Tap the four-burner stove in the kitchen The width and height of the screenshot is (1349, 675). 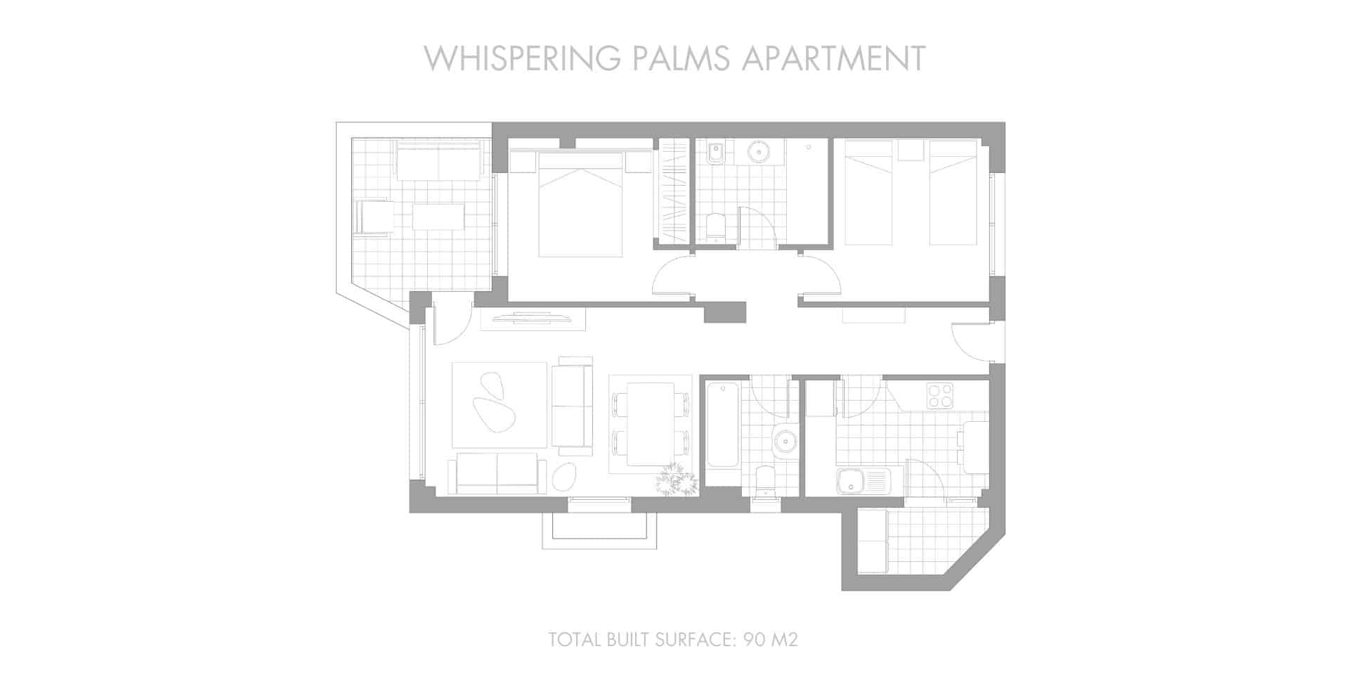click(x=940, y=396)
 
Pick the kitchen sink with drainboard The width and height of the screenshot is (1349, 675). click(x=863, y=482)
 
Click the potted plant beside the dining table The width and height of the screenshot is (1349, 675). click(x=677, y=481)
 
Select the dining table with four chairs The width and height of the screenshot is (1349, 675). click(x=651, y=424)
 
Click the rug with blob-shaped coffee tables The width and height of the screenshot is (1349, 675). click(x=499, y=405)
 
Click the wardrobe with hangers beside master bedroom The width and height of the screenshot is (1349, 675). click(x=673, y=191)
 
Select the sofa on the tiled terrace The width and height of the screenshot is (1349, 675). click(x=438, y=161)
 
